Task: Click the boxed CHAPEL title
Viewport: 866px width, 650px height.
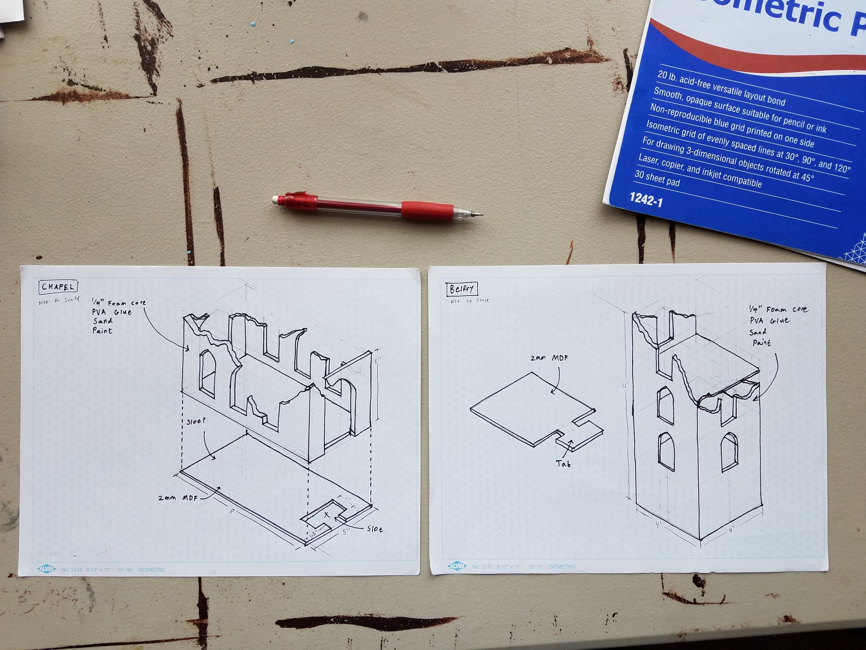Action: (x=58, y=287)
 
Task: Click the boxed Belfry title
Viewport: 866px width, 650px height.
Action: (x=462, y=290)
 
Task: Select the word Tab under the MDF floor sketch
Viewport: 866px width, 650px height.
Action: (x=563, y=464)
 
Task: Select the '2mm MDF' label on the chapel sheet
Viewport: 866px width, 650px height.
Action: (x=178, y=498)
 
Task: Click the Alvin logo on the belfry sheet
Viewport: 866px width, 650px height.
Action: (x=457, y=566)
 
